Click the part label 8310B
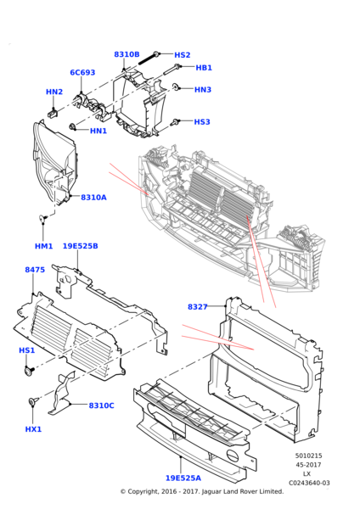tap(127, 54)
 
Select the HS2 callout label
tap(183, 55)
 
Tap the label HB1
tap(204, 68)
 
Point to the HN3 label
tap(202, 89)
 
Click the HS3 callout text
tap(201, 122)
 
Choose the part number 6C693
tap(82, 73)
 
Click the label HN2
tap(54, 92)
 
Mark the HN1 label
tap(98, 131)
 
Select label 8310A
tap(93, 198)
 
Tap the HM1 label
tap(44, 246)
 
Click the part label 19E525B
tap(80, 246)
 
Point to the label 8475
tap(35, 270)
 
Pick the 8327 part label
tap(198, 306)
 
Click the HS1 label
tap(27, 350)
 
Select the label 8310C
tap(101, 406)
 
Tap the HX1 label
tap(33, 429)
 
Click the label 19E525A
tap(183, 478)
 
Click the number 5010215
tap(309, 456)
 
